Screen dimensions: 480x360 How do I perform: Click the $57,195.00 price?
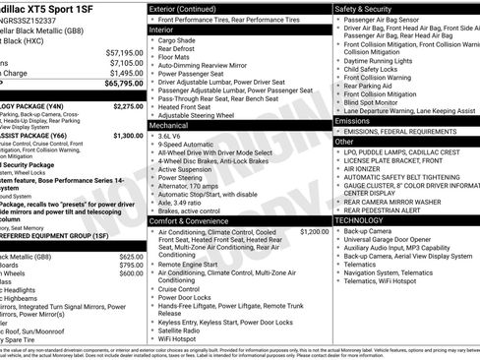click(124, 52)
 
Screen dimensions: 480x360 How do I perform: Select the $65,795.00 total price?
click(123, 85)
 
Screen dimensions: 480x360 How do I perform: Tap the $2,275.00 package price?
click(128, 105)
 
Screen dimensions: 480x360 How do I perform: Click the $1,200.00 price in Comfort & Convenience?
click(315, 231)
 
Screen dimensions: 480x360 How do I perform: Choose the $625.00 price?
click(132, 256)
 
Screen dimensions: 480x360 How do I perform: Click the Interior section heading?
click(161, 30)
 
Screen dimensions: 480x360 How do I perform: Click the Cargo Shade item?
click(177, 40)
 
